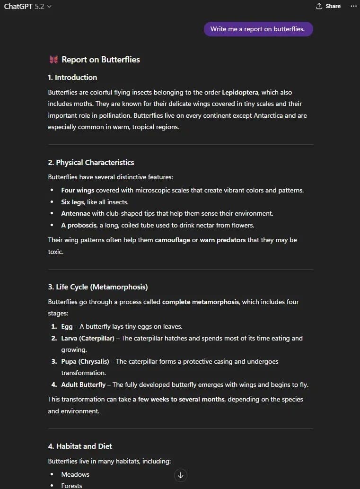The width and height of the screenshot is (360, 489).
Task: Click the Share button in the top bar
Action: click(328, 6)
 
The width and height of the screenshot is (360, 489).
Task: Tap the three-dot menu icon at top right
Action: click(353, 6)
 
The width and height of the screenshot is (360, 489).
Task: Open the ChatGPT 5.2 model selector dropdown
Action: click(28, 7)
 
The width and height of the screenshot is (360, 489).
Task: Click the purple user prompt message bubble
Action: click(258, 29)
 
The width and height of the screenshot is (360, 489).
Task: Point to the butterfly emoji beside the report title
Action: click(53, 60)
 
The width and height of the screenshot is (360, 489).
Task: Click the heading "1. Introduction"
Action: click(72, 77)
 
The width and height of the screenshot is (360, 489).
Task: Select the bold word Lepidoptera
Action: click(240, 92)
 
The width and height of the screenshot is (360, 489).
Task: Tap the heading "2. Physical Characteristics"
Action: click(91, 162)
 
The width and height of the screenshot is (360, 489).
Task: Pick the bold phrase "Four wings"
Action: click(78, 190)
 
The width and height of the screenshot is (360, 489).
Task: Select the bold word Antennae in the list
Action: click(75, 213)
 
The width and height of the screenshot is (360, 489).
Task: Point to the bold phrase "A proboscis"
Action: click(79, 225)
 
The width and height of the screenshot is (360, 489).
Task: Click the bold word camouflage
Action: click(172, 240)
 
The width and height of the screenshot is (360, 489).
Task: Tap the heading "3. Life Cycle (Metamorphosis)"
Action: click(97, 287)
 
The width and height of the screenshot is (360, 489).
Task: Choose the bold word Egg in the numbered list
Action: click(67, 326)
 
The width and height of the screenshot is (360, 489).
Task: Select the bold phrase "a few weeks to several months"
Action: click(178, 399)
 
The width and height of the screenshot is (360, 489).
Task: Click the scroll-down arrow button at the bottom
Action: click(180, 475)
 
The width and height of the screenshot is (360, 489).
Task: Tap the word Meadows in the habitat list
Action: click(75, 474)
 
